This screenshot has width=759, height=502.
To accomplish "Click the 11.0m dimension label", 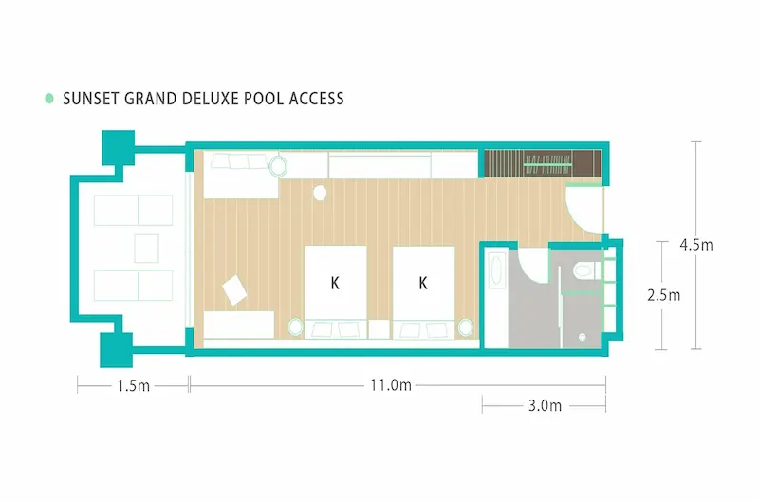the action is (391, 385).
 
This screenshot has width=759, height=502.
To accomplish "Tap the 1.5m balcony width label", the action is (133, 386).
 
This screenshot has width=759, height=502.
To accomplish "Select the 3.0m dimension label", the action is (545, 405).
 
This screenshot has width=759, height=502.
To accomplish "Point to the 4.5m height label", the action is (696, 245).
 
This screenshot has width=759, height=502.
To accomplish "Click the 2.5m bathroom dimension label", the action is (663, 295).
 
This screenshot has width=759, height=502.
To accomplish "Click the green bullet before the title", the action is (49, 99).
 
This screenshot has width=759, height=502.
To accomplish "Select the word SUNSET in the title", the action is (91, 99).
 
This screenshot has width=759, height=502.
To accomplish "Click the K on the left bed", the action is (335, 283).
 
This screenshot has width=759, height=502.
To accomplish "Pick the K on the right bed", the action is (423, 283).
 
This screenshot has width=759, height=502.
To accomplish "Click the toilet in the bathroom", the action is (583, 270).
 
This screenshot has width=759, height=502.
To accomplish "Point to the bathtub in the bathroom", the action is (496, 271).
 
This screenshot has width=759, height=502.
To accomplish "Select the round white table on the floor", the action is (320, 193).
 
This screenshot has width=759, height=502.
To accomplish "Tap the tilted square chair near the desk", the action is (234, 289).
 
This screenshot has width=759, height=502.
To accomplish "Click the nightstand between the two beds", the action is (379, 329).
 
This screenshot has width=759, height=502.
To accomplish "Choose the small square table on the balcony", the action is (147, 249).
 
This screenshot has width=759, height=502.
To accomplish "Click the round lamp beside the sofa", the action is (278, 166).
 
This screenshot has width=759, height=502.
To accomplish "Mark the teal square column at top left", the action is (118, 148).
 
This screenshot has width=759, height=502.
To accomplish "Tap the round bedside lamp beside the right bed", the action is (465, 327).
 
